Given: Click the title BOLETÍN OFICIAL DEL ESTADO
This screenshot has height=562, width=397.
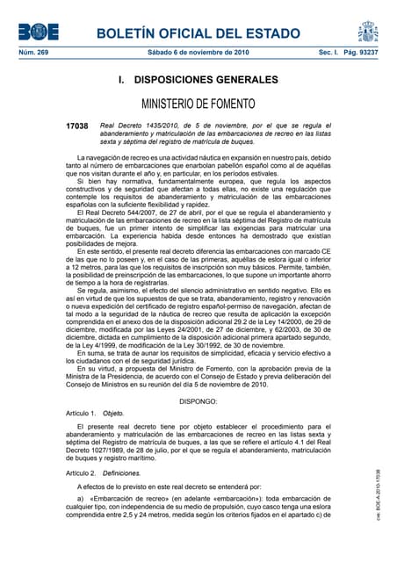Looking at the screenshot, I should coord(198,33).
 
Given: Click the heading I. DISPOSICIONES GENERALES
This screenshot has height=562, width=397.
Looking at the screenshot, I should coord(198,80).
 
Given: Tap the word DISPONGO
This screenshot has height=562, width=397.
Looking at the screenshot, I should coord(198,400).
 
